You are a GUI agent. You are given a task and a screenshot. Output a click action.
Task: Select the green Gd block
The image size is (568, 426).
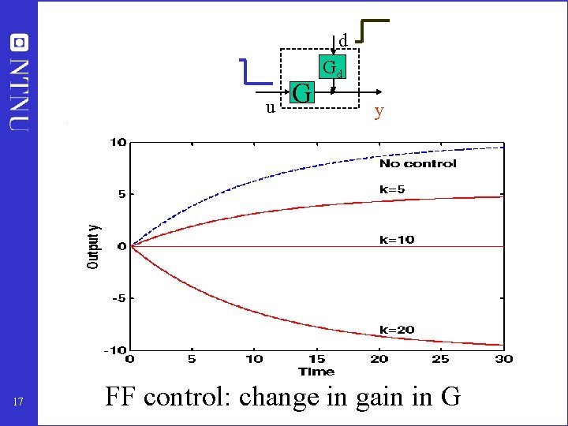click(332, 68)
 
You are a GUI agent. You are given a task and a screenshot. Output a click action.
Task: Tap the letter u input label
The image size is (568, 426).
click(270, 107)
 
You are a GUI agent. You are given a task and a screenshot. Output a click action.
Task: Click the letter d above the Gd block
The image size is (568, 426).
click(343, 40)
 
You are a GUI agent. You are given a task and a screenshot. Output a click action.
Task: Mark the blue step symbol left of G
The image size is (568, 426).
click(256, 71)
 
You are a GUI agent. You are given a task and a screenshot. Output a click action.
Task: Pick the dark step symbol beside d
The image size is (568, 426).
click(373, 29)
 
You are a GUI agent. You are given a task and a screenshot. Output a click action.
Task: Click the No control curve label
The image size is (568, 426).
click(417, 163)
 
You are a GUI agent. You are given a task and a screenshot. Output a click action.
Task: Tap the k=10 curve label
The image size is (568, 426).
click(397, 239)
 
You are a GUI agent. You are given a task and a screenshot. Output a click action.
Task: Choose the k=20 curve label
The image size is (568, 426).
click(397, 330)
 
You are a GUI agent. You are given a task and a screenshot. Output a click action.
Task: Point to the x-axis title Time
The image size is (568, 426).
click(316, 371)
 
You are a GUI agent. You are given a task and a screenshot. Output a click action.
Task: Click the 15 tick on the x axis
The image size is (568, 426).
click(316, 359)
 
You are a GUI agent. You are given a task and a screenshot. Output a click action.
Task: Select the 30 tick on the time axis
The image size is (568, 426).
click(503, 359)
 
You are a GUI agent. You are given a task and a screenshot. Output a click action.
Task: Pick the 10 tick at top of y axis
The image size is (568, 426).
click(118, 143)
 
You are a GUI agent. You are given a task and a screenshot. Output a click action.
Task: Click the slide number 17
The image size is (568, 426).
click(19, 403)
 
